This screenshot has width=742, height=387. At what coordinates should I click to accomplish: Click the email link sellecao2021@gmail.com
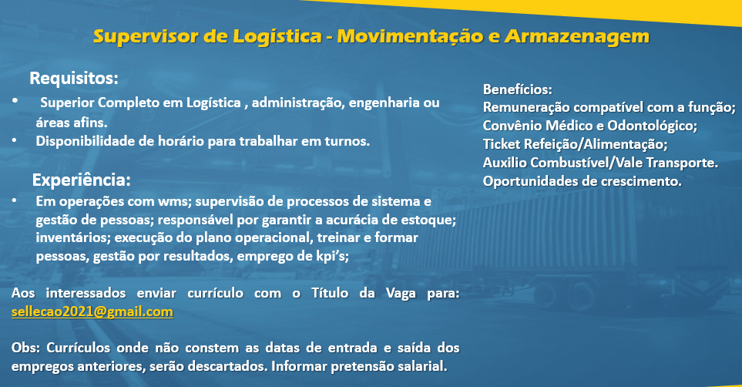(x=92, y=311)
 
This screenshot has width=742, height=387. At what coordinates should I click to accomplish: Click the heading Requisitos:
(x=74, y=78)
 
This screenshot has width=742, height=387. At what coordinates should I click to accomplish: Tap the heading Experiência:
(x=82, y=180)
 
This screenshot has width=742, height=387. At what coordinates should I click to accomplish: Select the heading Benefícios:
(x=517, y=89)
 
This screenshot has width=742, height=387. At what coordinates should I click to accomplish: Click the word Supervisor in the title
(x=146, y=36)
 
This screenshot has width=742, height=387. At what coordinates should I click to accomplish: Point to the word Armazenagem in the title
(x=577, y=37)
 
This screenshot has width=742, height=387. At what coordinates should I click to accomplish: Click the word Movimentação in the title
(x=410, y=37)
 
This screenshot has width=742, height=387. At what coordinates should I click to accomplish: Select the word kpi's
(x=332, y=256)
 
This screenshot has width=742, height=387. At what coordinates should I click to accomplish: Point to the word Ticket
(x=501, y=144)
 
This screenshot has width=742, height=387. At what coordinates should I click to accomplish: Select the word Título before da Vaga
(x=331, y=293)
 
